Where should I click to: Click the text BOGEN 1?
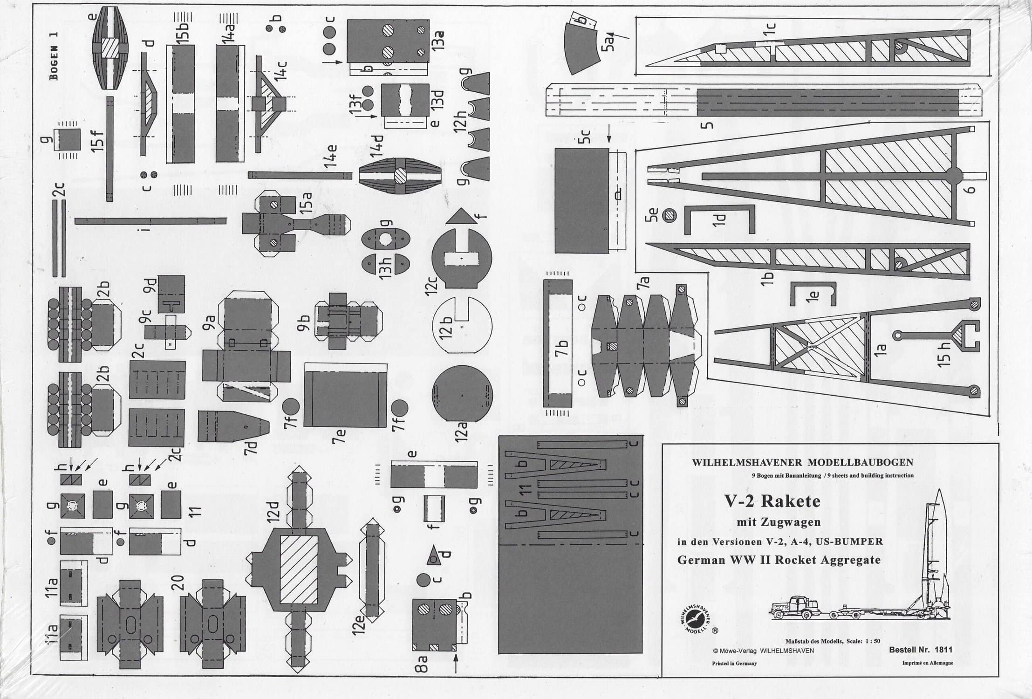click(55, 55)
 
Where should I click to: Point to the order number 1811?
click(943, 650)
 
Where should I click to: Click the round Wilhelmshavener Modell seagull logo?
click(695, 617)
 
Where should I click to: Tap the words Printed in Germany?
click(734, 663)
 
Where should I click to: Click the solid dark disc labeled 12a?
click(462, 396)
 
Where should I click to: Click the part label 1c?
click(769, 31)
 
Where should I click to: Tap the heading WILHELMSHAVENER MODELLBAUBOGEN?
click(802, 463)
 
